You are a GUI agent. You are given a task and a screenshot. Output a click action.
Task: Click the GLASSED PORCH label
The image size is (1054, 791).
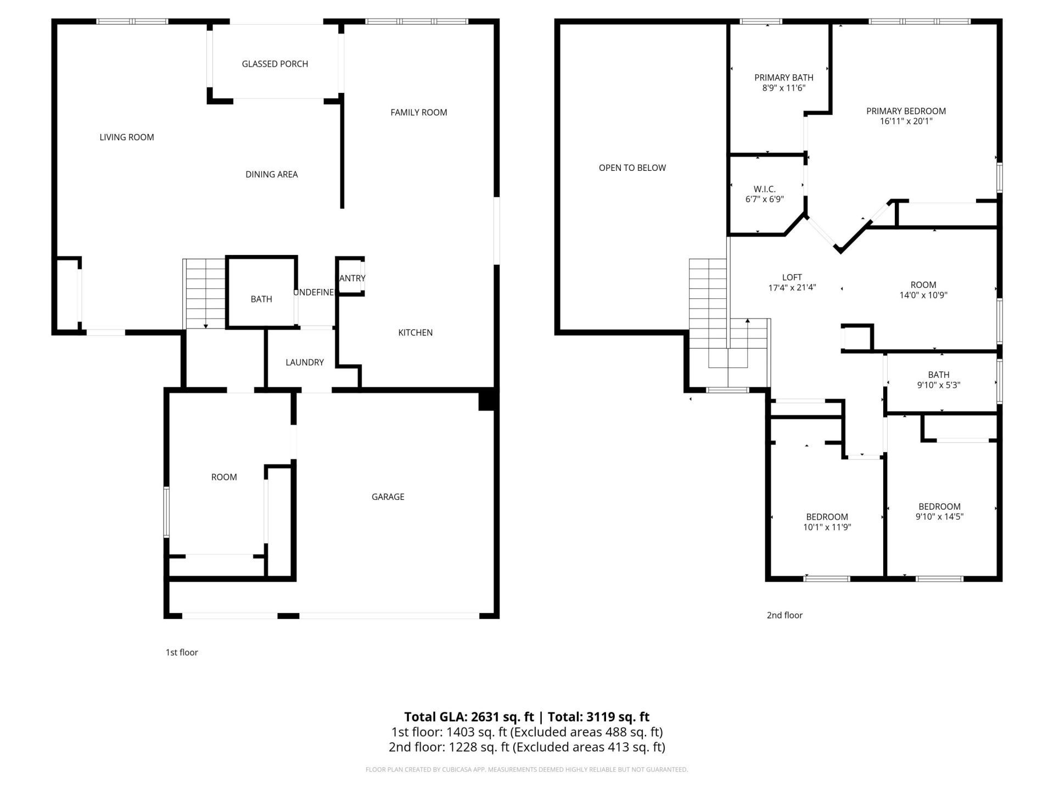274,64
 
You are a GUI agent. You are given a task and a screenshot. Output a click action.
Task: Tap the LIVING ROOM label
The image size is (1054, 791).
126,137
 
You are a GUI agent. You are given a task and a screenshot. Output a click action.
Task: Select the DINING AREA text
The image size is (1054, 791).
271,174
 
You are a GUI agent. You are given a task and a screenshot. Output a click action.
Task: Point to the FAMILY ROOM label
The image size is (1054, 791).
418,113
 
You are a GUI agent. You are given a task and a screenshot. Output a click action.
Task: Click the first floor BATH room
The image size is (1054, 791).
261,299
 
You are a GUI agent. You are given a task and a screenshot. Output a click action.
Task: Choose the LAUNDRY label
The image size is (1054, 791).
304,363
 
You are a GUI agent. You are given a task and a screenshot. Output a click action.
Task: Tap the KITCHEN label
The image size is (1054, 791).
415,332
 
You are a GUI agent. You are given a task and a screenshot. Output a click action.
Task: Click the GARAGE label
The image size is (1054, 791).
388,497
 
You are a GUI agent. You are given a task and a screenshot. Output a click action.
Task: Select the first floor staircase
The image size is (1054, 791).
204,294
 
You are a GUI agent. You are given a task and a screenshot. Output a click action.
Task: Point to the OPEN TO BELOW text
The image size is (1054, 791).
632,168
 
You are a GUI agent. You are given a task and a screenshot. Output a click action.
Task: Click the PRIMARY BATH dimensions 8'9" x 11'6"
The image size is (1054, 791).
783,88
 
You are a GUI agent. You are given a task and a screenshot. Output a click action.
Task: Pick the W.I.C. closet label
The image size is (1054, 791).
764,190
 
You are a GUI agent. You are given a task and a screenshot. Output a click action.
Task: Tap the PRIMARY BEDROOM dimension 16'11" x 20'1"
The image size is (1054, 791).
906,121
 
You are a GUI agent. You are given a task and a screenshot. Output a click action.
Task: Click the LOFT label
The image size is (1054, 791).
792,277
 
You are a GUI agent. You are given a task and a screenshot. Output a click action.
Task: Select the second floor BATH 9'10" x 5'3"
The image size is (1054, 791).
938,380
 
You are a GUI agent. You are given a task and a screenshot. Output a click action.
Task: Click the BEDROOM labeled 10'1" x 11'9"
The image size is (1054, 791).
827,522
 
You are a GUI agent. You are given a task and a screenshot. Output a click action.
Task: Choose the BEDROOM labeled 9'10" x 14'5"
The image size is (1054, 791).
939,511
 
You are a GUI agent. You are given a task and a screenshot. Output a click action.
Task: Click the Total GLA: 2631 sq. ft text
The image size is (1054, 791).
469,717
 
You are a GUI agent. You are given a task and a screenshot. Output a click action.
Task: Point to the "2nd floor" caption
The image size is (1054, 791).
784,615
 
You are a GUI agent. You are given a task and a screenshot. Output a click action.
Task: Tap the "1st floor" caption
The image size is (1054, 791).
182,653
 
